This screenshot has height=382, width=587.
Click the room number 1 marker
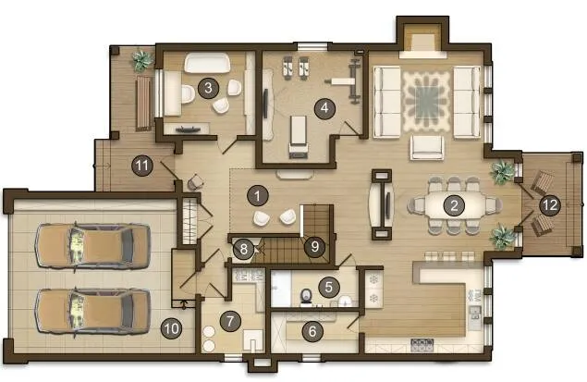pyautogui.click(x=258, y=195)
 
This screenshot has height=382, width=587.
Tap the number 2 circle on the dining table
pyautogui.click(x=454, y=204)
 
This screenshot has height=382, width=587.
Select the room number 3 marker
pyautogui.click(x=208, y=88)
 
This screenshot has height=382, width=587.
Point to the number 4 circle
pyautogui.click(x=324, y=108)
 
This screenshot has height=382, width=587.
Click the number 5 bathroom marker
pyautogui.click(x=329, y=287)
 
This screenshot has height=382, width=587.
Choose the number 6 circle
pyautogui.click(x=312, y=331)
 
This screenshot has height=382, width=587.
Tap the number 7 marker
pyautogui.click(x=230, y=321)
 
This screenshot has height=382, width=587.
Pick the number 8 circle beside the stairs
pyautogui.click(x=244, y=249)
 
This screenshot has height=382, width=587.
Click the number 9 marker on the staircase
pyautogui.click(x=314, y=246)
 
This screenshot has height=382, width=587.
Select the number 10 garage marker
pyautogui.click(x=171, y=328)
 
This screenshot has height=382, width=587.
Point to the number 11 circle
pyautogui.click(x=142, y=166)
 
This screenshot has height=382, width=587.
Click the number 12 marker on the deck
pyautogui.click(x=550, y=204)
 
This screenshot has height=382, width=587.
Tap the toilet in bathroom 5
pyautogui.click(x=306, y=296)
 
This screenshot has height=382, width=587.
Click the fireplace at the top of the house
pyautogui.click(x=422, y=41)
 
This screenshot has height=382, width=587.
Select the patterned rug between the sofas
pyautogui.click(x=426, y=102)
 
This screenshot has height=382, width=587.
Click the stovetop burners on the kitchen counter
pyautogui.click(x=422, y=345)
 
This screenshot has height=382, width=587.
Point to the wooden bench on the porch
pyautogui.click(x=143, y=104)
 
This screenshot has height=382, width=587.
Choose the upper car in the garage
pyautogui.click(x=92, y=246)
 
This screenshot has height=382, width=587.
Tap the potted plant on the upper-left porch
pyautogui.click(x=141, y=60)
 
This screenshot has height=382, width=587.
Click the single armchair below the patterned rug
pyautogui.click(x=427, y=148)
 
